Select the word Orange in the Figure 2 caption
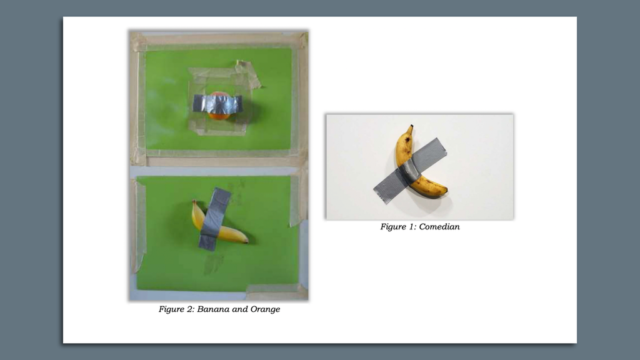coord(265,309)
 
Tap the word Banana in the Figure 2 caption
coord(213,309)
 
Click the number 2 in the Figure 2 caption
coord(189,309)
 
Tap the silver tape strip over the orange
coord(217,104)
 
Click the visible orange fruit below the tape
coord(218,115)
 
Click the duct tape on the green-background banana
coord(214,219)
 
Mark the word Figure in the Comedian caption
coord(393,227)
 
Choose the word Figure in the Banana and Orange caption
coord(171,309)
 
